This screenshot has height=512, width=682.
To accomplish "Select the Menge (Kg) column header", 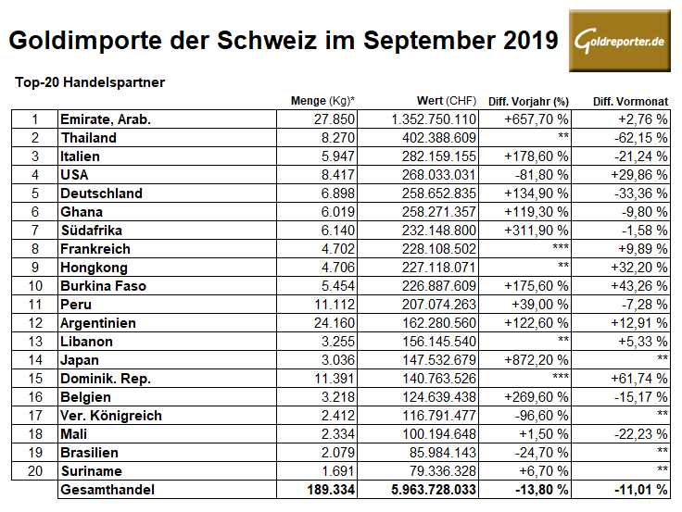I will (322, 101).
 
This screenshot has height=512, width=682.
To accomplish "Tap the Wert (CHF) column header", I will (447, 101).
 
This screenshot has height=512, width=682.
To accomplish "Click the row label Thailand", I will (88, 138).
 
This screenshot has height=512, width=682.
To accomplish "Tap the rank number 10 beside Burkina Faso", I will (34, 286).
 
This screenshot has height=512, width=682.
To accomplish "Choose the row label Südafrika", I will (92, 231).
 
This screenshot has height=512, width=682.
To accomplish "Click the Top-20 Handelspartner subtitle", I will (90, 82).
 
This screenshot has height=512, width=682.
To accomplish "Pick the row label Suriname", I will (89, 471).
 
